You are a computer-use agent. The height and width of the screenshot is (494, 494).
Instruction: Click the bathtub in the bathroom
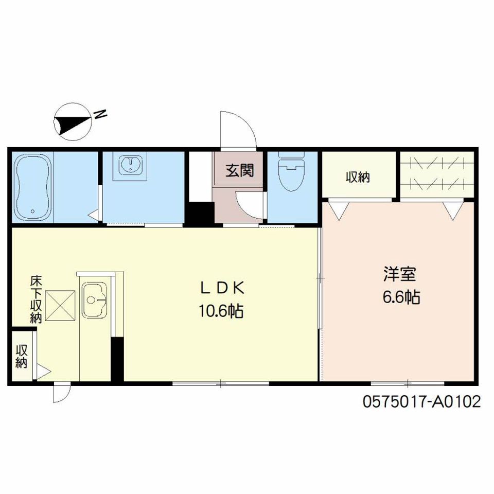click(x=33, y=187)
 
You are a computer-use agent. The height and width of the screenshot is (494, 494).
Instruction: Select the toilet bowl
click(x=291, y=171)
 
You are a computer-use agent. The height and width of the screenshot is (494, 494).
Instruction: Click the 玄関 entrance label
click(x=239, y=170)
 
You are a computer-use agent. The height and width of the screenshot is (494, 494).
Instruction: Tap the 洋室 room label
click(x=400, y=274)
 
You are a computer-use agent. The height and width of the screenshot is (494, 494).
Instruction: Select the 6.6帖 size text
click(x=401, y=297)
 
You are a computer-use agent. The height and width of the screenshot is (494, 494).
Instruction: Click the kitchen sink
click(x=95, y=300)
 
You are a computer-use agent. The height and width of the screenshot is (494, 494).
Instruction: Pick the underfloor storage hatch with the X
click(x=60, y=306)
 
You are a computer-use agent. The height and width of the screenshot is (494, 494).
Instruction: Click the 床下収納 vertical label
click(x=36, y=299)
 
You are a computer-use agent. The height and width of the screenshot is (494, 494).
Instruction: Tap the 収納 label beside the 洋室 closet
click(x=358, y=178)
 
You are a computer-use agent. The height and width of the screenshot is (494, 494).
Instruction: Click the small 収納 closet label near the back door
click(x=22, y=357)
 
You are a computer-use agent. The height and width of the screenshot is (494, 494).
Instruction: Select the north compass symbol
click(x=73, y=121)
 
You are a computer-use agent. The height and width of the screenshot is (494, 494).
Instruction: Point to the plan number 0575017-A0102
click(x=421, y=402)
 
